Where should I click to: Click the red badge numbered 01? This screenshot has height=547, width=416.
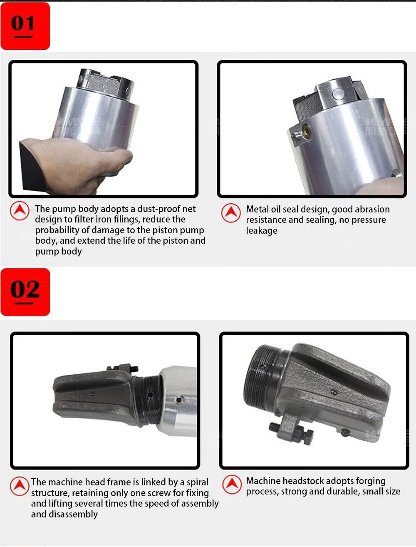(25, 26)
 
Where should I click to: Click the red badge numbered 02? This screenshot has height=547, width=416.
(25, 292)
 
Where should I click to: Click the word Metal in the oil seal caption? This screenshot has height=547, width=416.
(257, 209)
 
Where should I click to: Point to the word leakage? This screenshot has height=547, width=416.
(262, 231)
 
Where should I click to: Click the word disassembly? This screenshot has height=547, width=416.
(73, 514)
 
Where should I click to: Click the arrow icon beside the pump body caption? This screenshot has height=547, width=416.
(20, 211)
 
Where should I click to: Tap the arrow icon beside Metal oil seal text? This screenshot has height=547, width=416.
(231, 213)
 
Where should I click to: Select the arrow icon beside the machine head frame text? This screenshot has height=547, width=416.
(20, 486)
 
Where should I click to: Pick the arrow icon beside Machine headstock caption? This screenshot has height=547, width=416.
(232, 485)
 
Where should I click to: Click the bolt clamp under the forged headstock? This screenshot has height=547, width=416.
(292, 429)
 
